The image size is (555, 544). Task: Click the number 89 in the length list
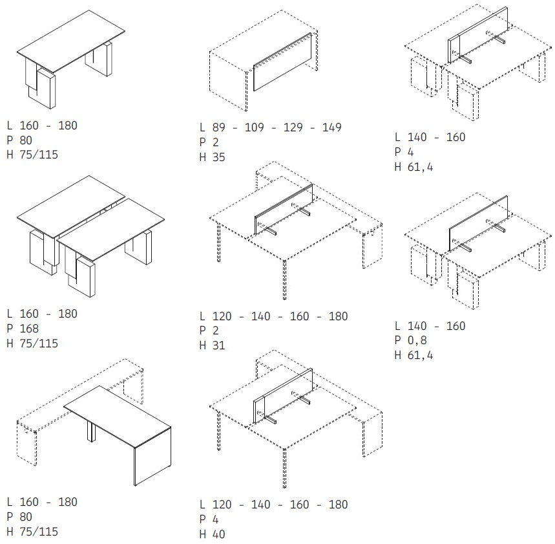[218, 127]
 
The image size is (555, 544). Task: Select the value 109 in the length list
[254, 127]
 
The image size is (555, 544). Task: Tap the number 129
[293, 127]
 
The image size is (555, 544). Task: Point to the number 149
[331, 127]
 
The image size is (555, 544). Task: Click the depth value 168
[29, 329]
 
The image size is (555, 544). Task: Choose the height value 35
[219, 157]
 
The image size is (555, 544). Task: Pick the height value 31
[219, 345]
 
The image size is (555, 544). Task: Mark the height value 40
[219, 534]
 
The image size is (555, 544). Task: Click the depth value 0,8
[417, 340]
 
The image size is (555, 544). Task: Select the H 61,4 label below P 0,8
[414, 355]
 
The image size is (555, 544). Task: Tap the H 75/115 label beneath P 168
[32, 343]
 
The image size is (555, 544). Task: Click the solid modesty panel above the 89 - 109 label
[282, 62]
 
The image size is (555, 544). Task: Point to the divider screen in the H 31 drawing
[284, 209]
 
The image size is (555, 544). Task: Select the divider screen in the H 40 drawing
[283, 396]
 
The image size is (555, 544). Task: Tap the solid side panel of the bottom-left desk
[152, 456]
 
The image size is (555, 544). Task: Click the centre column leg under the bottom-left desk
[91, 431]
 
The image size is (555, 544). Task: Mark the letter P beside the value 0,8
[398, 340]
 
